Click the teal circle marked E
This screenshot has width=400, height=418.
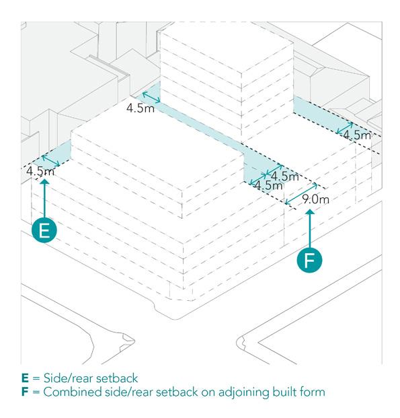coord(44,230)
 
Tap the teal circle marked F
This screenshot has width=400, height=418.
coord(309,260)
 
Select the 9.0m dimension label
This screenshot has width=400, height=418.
coord(315,199)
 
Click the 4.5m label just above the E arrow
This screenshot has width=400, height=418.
coord(40,171)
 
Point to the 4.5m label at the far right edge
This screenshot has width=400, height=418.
coord(357,135)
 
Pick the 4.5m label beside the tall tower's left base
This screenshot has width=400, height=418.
coord(141,108)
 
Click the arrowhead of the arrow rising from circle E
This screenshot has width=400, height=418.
coord(44,181)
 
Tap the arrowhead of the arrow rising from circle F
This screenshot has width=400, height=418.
coord(310,211)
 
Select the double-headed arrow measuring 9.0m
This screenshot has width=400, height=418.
coord(301,194)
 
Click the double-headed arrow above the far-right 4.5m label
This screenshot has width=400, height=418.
coord(345,128)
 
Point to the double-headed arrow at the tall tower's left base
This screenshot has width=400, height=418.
coord(151,97)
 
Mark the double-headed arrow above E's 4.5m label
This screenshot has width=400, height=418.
coord(51,160)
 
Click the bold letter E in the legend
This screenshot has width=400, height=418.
coord(25,378)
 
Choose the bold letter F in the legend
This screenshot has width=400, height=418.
coord(25,392)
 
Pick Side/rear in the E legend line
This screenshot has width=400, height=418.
coord(68,378)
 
